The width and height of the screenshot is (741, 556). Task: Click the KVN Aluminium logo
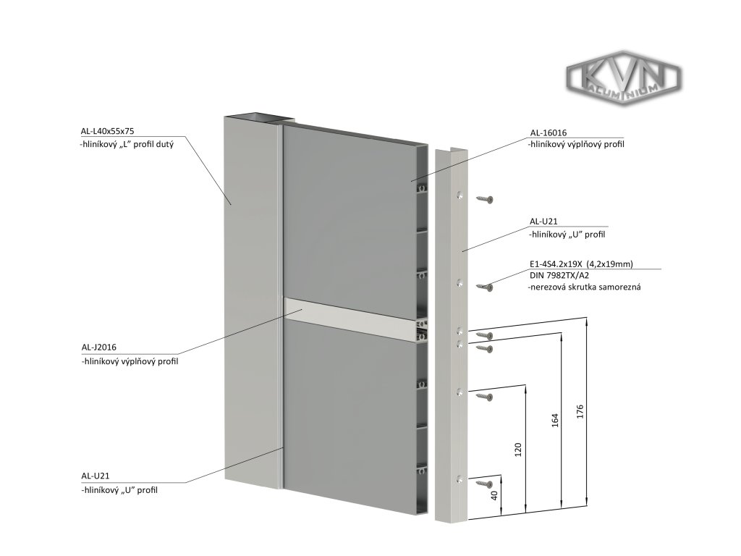tap(623, 79)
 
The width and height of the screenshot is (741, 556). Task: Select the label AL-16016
tap(549, 132)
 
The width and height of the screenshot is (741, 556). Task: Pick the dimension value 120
tap(517, 450)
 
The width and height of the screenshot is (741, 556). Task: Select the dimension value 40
tap(495, 496)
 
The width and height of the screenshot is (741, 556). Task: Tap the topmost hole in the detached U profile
tap(459, 195)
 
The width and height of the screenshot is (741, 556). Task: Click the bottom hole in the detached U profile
tap(460, 479)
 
